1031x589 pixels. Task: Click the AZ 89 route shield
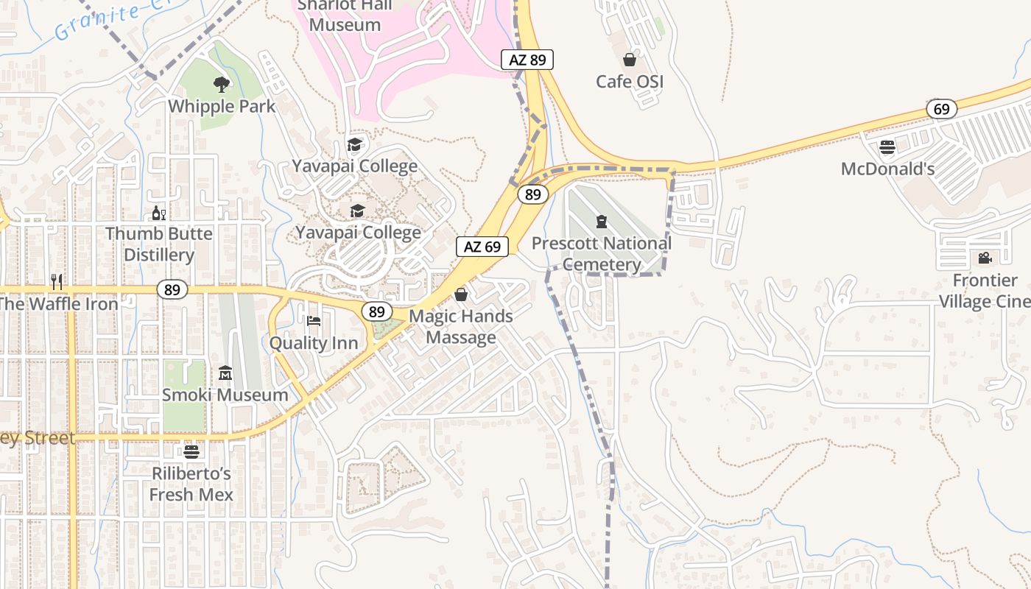pos(527,60)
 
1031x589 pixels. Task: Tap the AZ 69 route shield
pos(482,247)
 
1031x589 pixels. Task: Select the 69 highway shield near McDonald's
pos(941,109)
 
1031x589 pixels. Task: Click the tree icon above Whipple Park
pos(221,85)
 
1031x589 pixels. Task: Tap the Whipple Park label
pos(222,106)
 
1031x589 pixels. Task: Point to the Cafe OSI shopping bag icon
pos(630,60)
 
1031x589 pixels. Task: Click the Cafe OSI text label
pos(630,81)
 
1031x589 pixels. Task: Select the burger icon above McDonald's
pos(887,147)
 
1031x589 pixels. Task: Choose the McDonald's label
pos(887,169)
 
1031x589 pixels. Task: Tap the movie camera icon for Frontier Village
pos(985,258)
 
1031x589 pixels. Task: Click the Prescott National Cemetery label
pos(602,254)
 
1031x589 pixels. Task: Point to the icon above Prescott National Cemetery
pos(602,221)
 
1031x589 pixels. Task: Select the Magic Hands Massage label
pos(461,327)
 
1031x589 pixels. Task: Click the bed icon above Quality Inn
pos(314,321)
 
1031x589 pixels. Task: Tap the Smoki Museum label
pos(225,395)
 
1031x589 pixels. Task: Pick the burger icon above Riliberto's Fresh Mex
pos(191,451)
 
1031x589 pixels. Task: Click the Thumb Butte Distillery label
pos(159,244)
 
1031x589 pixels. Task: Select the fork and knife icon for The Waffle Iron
pos(57,281)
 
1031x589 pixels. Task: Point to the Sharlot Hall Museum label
pos(345,15)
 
